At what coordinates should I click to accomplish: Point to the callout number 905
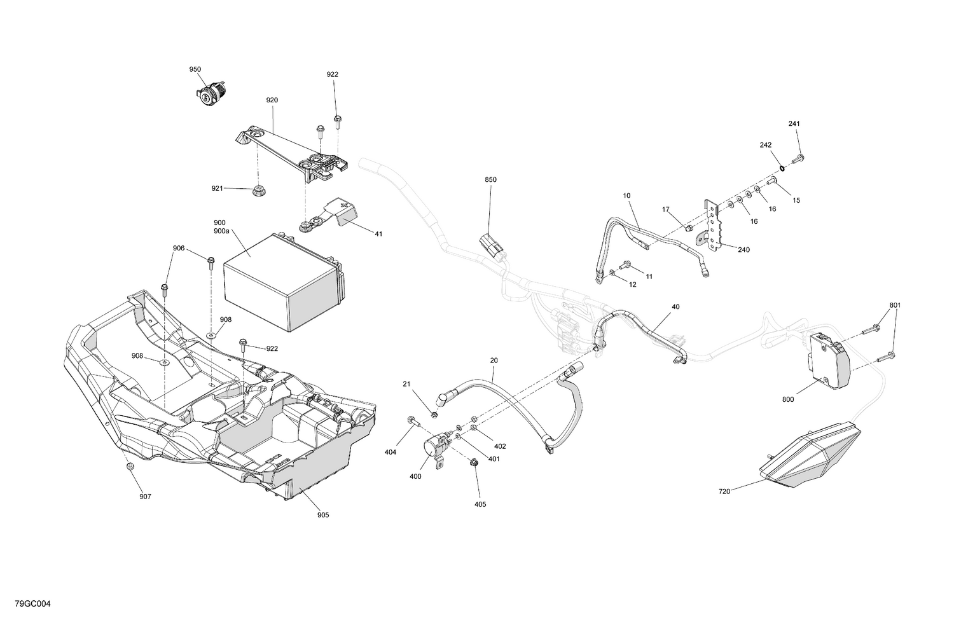(323, 515)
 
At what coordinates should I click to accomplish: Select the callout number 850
(490, 180)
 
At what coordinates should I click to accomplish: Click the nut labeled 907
(130, 467)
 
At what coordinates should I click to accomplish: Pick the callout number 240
(743, 250)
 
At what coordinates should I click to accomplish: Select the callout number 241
(794, 123)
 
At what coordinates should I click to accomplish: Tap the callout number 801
(895, 305)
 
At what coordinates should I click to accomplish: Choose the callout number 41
(378, 234)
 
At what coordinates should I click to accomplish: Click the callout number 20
(494, 360)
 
